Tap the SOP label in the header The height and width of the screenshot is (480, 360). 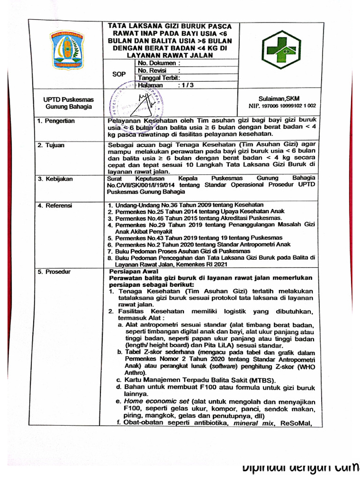coord(119,74)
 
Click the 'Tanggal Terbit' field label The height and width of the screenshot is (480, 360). coord(158,78)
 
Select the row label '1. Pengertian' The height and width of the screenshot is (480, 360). coord(56,121)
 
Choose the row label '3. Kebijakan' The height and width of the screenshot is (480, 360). coord(55,179)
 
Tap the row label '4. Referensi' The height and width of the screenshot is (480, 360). coord(55,205)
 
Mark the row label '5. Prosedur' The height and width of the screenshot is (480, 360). coord(54,272)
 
